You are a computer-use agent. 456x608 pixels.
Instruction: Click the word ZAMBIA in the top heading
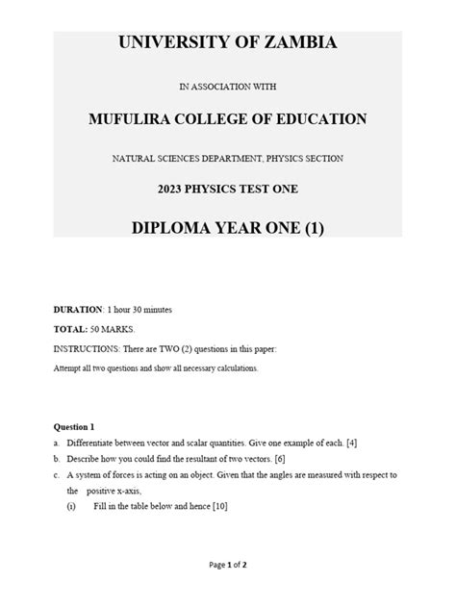293,43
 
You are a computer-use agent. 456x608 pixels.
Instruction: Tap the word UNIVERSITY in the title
172,43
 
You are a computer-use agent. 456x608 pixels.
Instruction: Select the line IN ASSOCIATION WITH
228,87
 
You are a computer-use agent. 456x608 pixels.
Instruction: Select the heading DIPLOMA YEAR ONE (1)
228,230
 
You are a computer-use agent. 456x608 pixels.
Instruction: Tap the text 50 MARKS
114,329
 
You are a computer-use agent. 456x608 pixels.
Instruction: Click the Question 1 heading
74,426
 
